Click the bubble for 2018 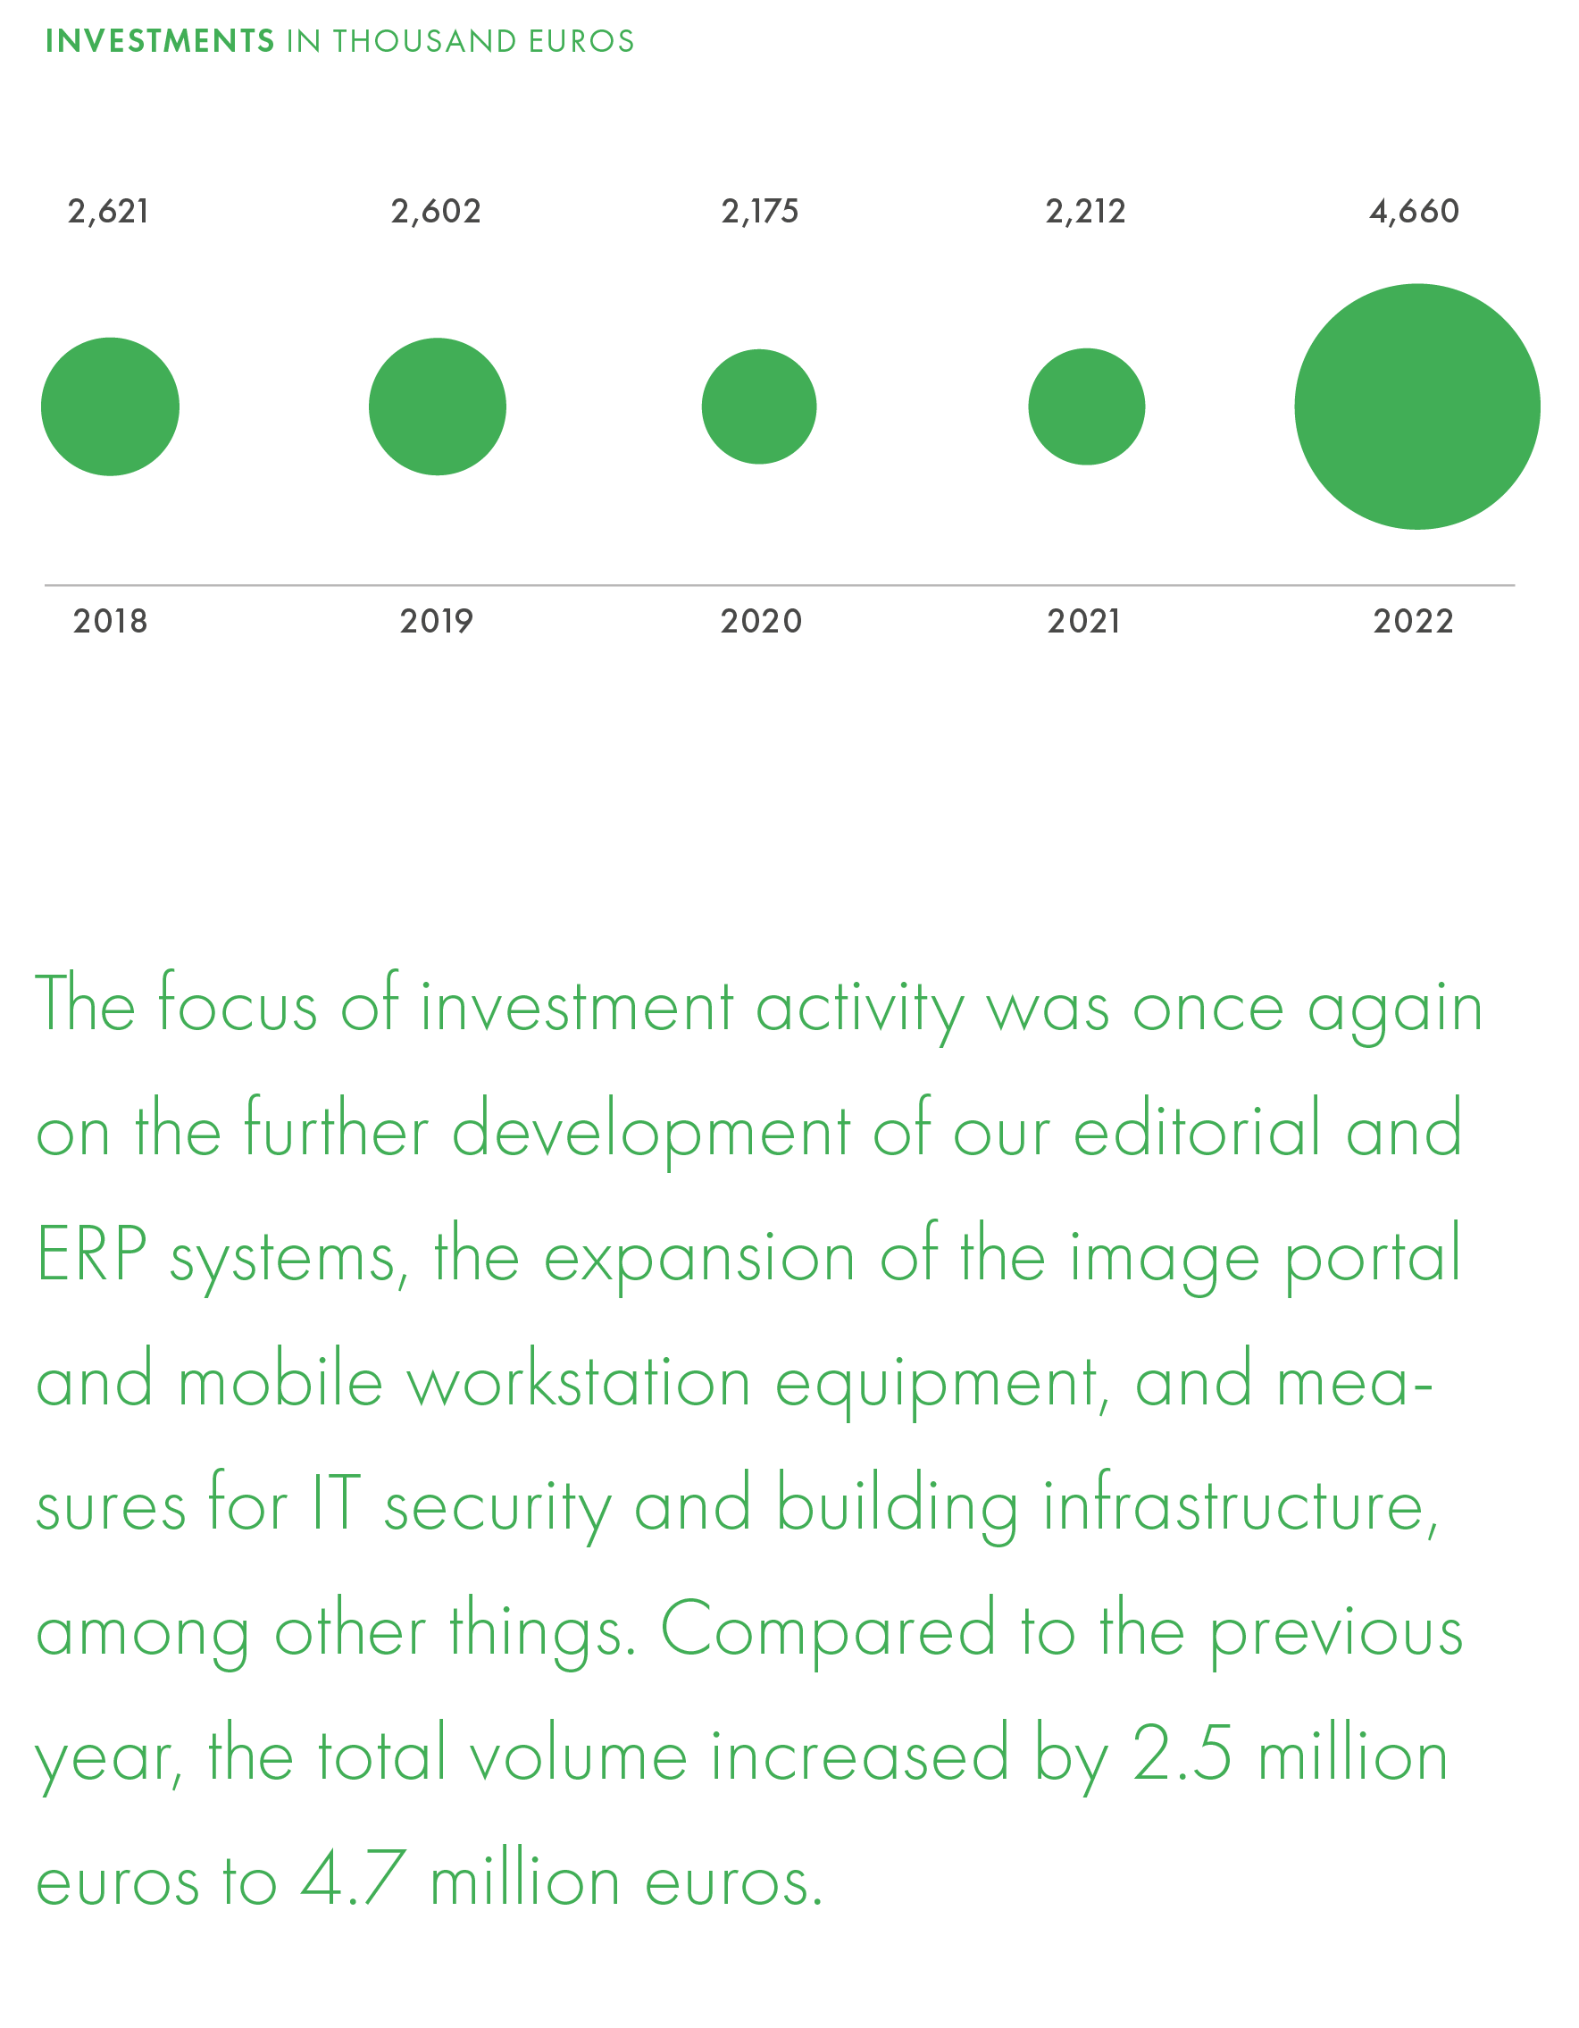110,406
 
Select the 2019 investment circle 438,406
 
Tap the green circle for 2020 759,406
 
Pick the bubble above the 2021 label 1087,406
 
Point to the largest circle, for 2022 1417,406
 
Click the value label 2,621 109,212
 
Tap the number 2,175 760,212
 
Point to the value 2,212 1086,212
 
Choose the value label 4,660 1415,212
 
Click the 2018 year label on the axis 111,621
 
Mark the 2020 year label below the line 761,621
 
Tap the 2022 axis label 1414,621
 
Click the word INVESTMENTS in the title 161,41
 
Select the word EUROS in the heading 581,41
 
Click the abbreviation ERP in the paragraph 91,1254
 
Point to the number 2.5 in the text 1182,1754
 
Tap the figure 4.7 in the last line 354,1879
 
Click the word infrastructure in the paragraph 1241,1505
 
